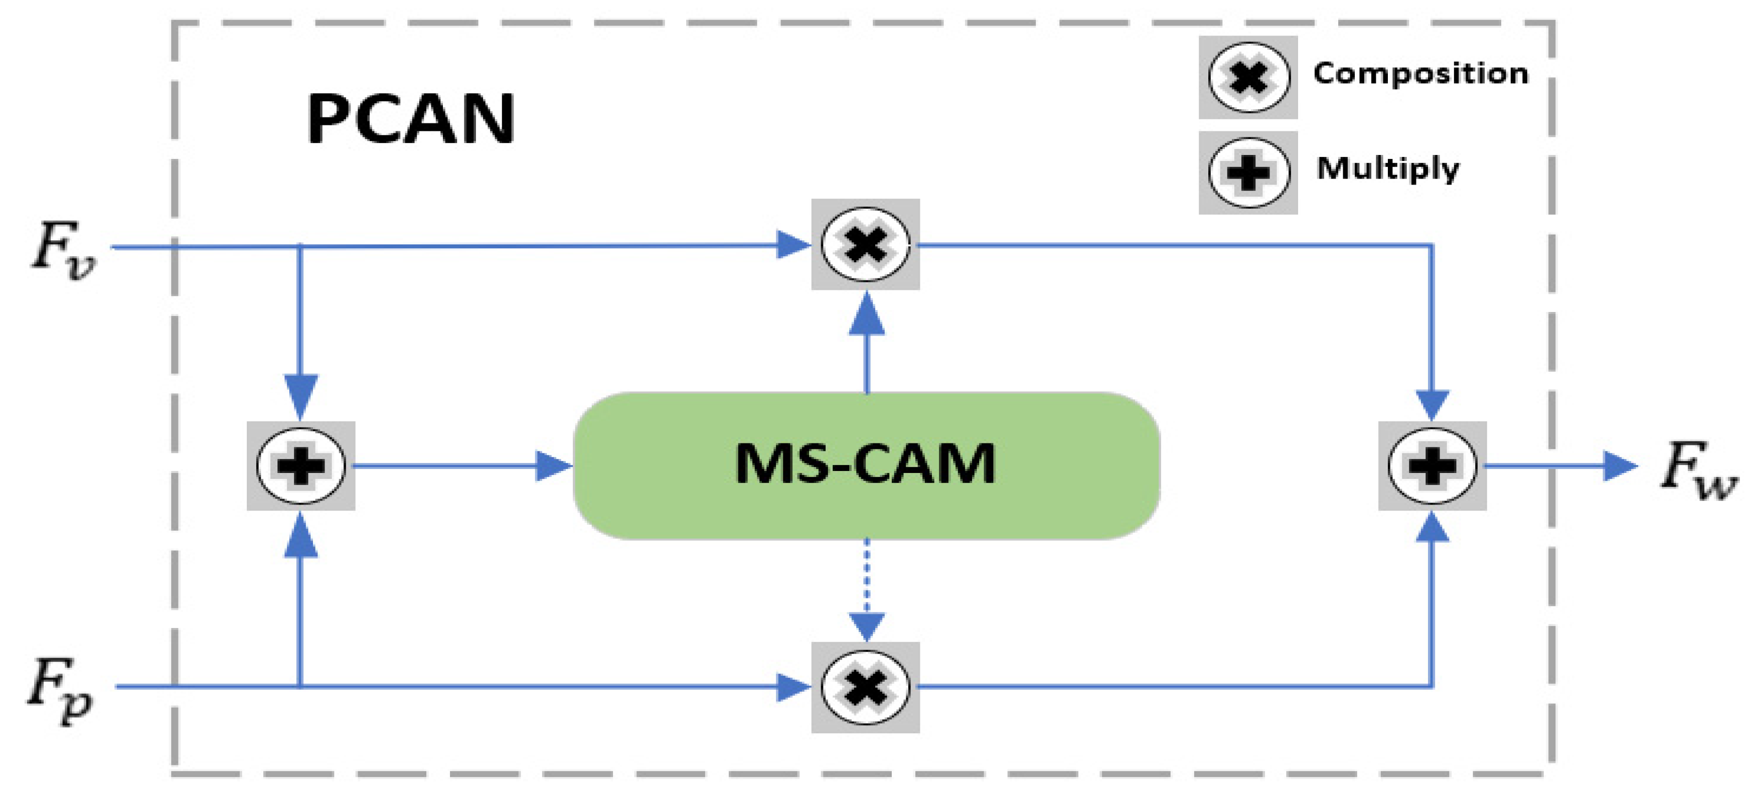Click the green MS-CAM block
tap(866, 465)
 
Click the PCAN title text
tap(411, 119)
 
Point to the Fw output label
tap(1697, 469)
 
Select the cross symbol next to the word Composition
tap(1248, 77)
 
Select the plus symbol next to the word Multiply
tap(1248, 172)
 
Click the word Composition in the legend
tap(1420, 73)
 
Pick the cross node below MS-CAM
tap(865, 687)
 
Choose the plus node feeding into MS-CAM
tap(301, 465)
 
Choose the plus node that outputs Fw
tap(1432, 465)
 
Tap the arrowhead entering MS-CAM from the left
tap(552, 465)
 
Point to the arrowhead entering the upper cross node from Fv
tap(792, 245)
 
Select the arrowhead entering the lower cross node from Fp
tap(792, 687)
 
